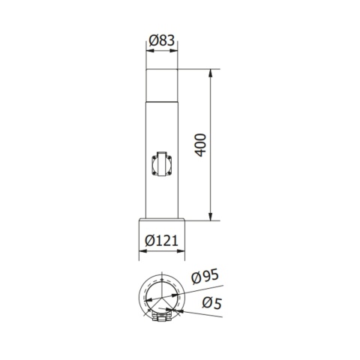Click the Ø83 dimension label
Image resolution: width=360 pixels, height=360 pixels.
(161, 41)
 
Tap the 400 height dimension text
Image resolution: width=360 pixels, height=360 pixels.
(200, 145)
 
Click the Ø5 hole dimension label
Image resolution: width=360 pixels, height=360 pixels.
(211, 304)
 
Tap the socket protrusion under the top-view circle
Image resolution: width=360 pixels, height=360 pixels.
(163, 319)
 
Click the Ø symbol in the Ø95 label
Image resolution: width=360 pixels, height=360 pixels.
(196, 276)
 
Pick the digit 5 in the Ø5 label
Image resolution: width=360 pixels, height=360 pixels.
(217, 304)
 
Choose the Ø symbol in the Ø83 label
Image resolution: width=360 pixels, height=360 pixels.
(151, 41)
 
